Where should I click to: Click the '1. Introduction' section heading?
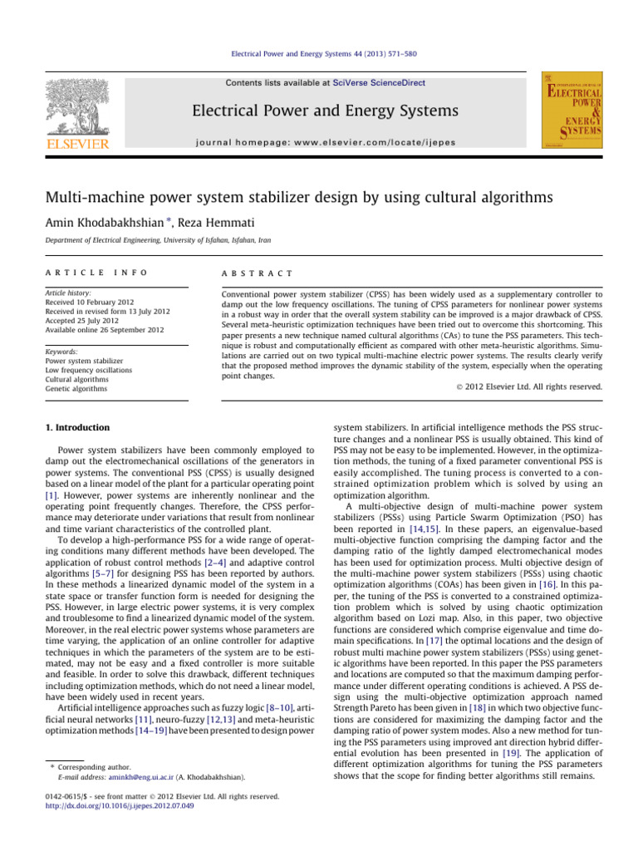pos(77,428)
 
